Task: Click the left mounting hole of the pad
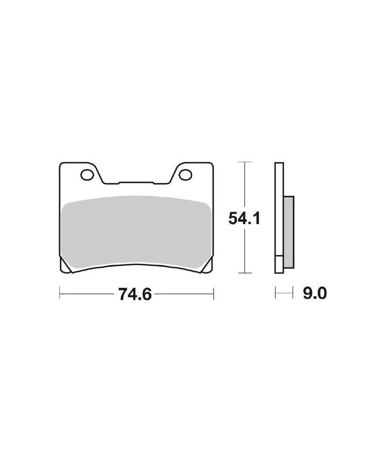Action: point(87,175)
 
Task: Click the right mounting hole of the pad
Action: point(185,175)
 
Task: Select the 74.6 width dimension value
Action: point(135,294)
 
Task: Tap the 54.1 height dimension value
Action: point(245,219)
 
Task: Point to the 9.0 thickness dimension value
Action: point(315,294)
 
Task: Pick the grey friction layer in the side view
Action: point(288,232)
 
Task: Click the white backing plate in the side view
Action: point(279,218)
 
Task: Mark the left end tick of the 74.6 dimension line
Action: point(60,293)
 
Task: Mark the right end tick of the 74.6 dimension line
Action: point(213,293)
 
